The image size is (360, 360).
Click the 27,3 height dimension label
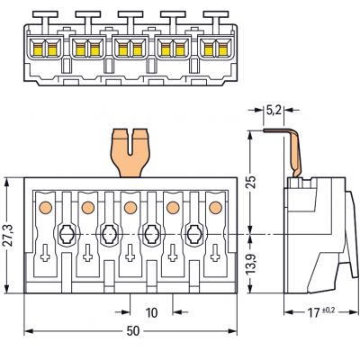pyautogui.click(x=9, y=235)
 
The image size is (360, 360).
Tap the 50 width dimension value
pyautogui.click(x=133, y=331)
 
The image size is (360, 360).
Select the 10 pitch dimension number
pyautogui.click(x=151, y=312)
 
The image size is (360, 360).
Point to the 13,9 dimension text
pyautogui.click(x=251, y=264)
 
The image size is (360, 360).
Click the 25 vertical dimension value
pyautogui.click(x=251, y=181)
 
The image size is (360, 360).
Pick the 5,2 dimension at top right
pyautogui.click(x=274, y=111)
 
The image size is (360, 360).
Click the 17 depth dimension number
pyautogui.click(x=313, y=313)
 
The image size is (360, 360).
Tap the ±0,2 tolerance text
pyautogui.click(x=328, y=310)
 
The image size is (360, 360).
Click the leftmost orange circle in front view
pyautogui.click(x=46, y=207)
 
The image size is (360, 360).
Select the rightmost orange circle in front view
pyautogui.click(x=215, y=207)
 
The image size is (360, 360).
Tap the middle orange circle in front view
pyautogui.click(x=130, y=207)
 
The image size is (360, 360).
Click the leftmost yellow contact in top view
pyautogui.click(x=38, y=49)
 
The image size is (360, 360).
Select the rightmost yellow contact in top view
pyautogui.click(x=222, y=49)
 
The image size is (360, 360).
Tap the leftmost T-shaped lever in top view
pyautogui.click(x=45, y=22)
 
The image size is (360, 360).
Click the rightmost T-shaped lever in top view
pyautogui.click(x=216, y=22)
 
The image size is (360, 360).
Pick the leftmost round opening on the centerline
pyautogui.click(x=67, y=234)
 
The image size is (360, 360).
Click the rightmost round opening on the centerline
pyautogui.click(x=194, y=234)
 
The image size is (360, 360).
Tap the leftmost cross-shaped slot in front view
pyautogui.click(x=45, y=253)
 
